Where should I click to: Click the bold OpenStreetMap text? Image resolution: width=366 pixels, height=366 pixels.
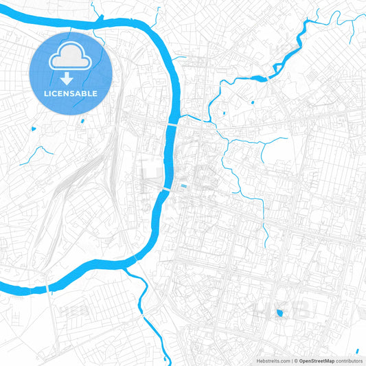pos(317,360)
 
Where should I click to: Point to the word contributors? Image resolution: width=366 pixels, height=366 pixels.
pos(349,360)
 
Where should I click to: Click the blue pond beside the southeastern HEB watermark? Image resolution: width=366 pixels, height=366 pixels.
pos(279,314)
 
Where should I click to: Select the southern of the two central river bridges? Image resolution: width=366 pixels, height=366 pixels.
pos(165,188)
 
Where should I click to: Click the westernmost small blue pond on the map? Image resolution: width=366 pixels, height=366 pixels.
pos(32,128)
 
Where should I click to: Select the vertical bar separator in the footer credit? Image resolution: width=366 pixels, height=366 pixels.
pos(291,360)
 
